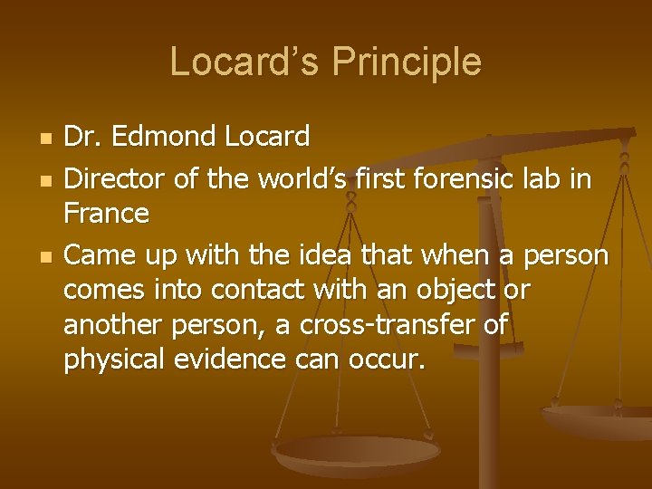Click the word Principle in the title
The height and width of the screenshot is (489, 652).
click(x=407, y=62)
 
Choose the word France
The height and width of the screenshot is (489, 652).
click(x=106, y=214)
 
